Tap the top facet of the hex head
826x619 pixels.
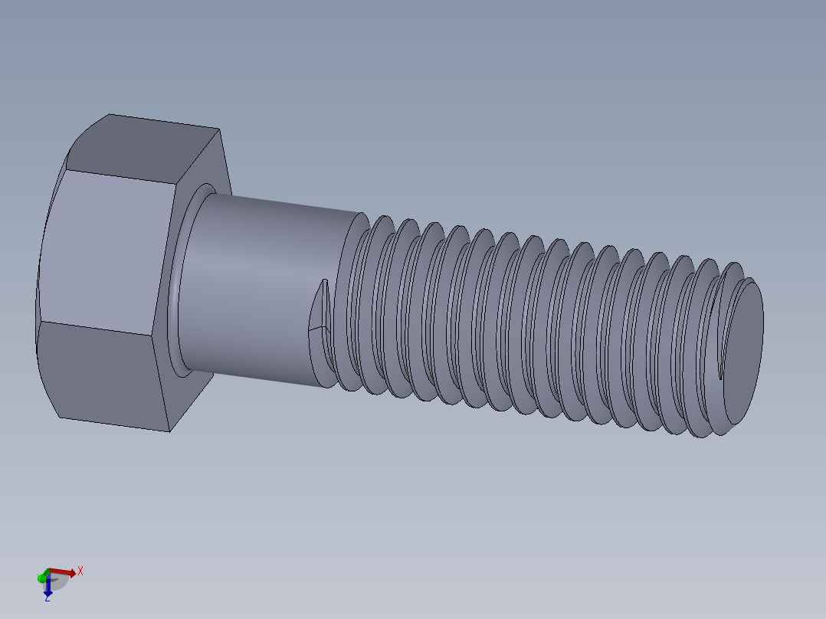coord(146,149)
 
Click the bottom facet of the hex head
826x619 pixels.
coord(103,375)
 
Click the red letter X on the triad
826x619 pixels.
coord(80,571)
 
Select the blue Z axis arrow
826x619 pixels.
coord(48,587)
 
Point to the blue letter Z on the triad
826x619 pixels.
coord(47,598)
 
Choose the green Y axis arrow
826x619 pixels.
coord(41,576)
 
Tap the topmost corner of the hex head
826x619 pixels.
coord(110,115)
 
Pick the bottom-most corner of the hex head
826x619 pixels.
coord(169,431)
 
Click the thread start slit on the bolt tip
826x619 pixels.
coord(720,368)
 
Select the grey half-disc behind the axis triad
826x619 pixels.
coord(60,582)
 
